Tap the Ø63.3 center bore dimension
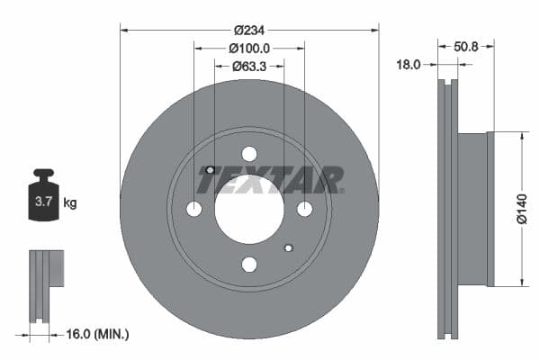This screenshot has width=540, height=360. tap(249, 65)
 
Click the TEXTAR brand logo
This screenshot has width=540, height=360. tap(270, 180)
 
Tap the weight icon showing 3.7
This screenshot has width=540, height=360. tap(43, 199)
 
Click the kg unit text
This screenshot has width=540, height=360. tap(70, 203)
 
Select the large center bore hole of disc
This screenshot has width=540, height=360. tap(249, 209)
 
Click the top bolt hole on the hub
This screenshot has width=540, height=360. tap(249, 154)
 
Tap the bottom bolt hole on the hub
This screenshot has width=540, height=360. tap(249, 264)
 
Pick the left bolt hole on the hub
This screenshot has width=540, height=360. tap(194, 209)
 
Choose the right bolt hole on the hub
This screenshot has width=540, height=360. tap(304, 209)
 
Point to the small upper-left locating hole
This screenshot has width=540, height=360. tap(210, 170)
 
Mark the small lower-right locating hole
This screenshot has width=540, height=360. tap(288, 247)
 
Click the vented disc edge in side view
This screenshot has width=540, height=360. tap(447, 209)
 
